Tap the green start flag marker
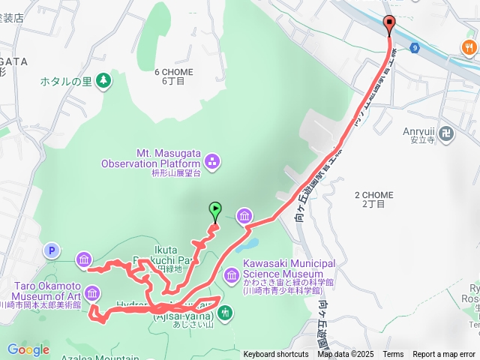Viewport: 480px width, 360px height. pos(215,210)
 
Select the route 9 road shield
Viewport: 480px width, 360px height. pos(414,48)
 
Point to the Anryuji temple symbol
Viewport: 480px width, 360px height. pos(447,134)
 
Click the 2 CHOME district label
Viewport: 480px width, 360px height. pos(373,199)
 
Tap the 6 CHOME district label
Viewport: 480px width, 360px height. pos(173,76)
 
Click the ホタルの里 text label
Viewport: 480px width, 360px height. pos(66,81)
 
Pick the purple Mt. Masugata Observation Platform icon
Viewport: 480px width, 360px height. pos(212,159)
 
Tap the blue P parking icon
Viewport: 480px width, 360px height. pos(52,251)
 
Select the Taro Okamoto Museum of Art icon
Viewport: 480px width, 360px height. pos(93,293)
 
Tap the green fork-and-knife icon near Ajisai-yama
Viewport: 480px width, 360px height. pos(225,311)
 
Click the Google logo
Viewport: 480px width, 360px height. pos(28,349)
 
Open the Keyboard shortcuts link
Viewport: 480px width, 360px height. pos(275,355)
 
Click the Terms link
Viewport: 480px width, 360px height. pos(393,355)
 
